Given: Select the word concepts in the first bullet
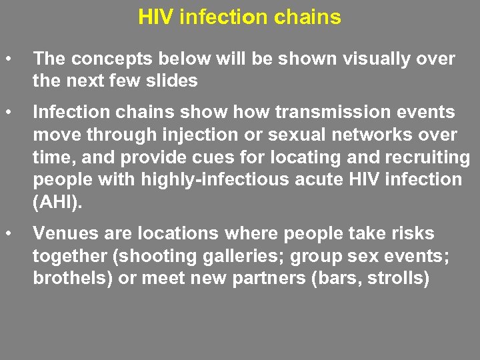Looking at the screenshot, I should point(105,59).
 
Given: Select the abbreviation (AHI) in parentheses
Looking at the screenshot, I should point(59,201).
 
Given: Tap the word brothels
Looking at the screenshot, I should point(72,278).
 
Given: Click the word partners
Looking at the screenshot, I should point(265,278).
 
